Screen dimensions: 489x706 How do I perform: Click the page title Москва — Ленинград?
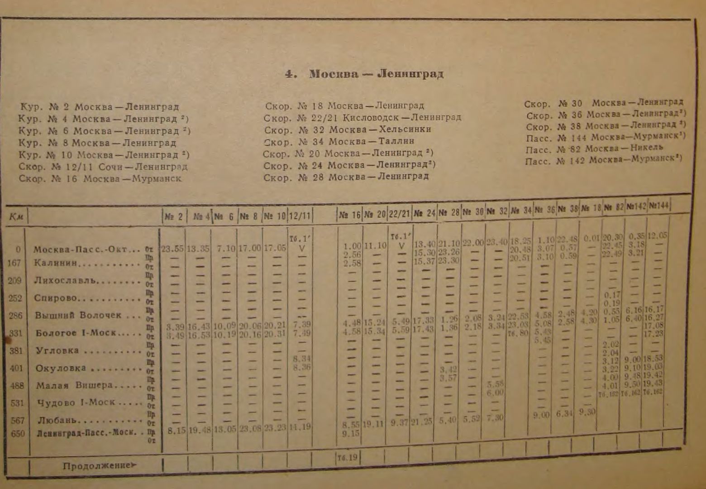click(364, 74)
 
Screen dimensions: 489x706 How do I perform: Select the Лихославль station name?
click(65, 280)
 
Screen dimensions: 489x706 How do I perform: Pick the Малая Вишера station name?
click(74, 386)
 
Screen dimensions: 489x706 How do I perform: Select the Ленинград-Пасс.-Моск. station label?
click(86, 432)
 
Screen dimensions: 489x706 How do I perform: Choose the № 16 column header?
click(349, 215)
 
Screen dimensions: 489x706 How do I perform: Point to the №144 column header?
click(659, 206)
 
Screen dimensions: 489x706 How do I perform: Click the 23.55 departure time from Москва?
click(172, 249)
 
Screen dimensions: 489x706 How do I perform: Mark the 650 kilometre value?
click(18, 433)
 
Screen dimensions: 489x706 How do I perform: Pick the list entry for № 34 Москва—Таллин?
click(339, 141)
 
